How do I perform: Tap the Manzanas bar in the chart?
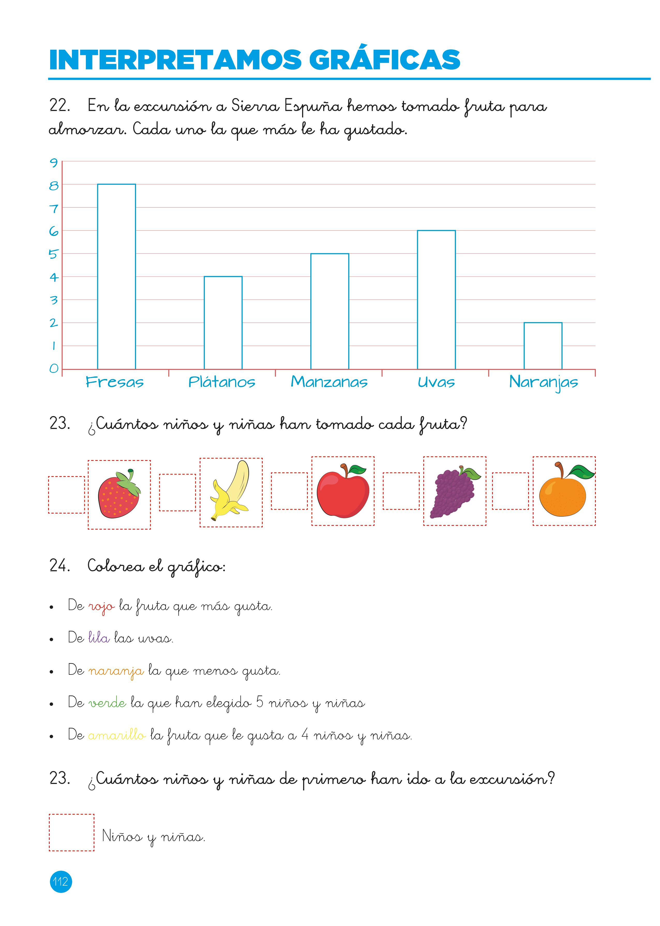click(329, 311)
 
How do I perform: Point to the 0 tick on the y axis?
click(54, 369)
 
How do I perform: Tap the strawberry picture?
click(119, 494)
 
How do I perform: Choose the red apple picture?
click(343, 491)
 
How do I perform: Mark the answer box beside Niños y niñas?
click(72, 832)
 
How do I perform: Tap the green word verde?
click(107, 703)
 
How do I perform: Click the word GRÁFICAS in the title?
click(385, 60)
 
